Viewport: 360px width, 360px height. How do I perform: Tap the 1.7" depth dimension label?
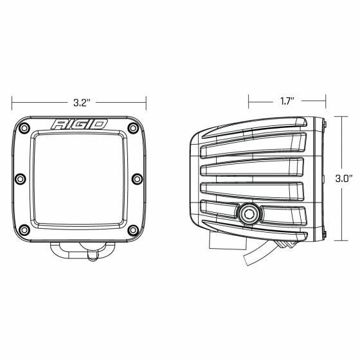click(x=287, y=101)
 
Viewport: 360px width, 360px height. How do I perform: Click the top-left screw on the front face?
click(x=24, y=128)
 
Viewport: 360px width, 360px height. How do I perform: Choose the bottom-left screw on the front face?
click(x=24, y=229)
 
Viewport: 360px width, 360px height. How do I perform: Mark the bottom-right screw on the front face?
click(x=133, y=229)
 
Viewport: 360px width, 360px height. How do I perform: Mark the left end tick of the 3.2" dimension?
click(x=12, y=101)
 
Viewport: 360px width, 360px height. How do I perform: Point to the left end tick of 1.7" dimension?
click(x=251, y=101)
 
